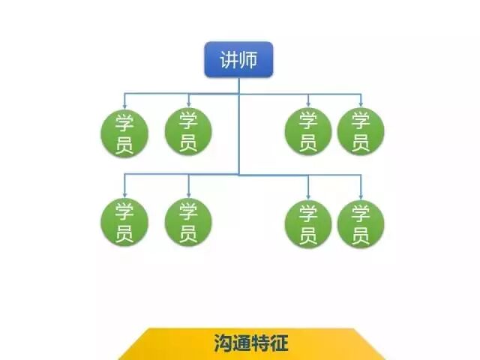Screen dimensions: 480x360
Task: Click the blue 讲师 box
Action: pos(238,59)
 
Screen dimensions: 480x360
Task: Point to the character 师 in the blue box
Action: pos(249,59)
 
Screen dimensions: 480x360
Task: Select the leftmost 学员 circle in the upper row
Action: pos(124,132)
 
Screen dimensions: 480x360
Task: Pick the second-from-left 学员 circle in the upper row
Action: pos(188,132)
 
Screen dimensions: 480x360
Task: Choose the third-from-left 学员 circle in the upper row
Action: pos(308,132)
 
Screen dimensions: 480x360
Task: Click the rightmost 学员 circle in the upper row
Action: pos(361,132)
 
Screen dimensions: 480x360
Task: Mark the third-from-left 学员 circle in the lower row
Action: pos(308,223)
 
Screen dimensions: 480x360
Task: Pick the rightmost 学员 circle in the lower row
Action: pos(361,223)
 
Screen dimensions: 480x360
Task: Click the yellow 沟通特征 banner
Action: pos(250,344)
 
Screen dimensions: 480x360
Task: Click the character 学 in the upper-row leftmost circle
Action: pos(124,121)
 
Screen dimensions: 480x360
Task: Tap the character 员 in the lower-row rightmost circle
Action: pos(361,235)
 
